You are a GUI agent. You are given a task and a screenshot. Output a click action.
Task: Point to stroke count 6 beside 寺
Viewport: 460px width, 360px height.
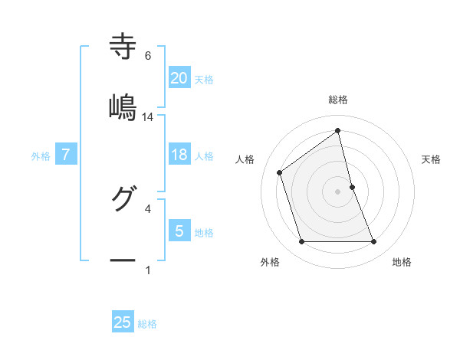(x=148, y=56)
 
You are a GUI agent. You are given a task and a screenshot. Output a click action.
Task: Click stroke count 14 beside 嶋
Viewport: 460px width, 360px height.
(x=148, y=117)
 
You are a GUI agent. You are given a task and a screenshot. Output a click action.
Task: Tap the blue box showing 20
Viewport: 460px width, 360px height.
(x=179, y=77)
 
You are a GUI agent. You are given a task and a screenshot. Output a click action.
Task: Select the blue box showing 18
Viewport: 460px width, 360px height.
(x=179, y=155)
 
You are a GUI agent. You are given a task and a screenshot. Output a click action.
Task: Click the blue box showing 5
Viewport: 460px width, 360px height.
(x=179, y=231)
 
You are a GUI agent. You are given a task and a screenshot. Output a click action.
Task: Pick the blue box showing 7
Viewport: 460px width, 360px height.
(x=66, y=155)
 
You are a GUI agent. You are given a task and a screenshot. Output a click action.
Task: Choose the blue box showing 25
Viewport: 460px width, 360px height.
(x=123, y=322)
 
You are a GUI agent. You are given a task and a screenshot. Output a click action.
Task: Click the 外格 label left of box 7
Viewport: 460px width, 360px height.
(x=41, y=156)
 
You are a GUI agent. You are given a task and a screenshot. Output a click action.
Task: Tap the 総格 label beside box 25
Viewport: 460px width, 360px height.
(x=147, y=324)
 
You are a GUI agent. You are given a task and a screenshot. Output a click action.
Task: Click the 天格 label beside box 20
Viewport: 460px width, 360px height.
(x=204, y=79)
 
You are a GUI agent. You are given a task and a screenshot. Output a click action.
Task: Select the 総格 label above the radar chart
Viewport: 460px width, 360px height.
(x=338, y=100)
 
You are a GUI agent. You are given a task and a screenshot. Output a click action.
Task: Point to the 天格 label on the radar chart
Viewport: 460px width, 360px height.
(x=432, y=159)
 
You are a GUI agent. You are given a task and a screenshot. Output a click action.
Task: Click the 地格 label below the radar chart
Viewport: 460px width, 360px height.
(x=402, y=262)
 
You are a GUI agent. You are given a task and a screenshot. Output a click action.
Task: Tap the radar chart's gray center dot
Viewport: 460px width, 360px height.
(x=338, y=191)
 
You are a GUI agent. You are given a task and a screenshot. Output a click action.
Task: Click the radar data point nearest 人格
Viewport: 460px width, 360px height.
(x=280, y=172)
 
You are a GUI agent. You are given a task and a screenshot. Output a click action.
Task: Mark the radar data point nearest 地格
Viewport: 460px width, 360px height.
(x=374, y=242)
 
